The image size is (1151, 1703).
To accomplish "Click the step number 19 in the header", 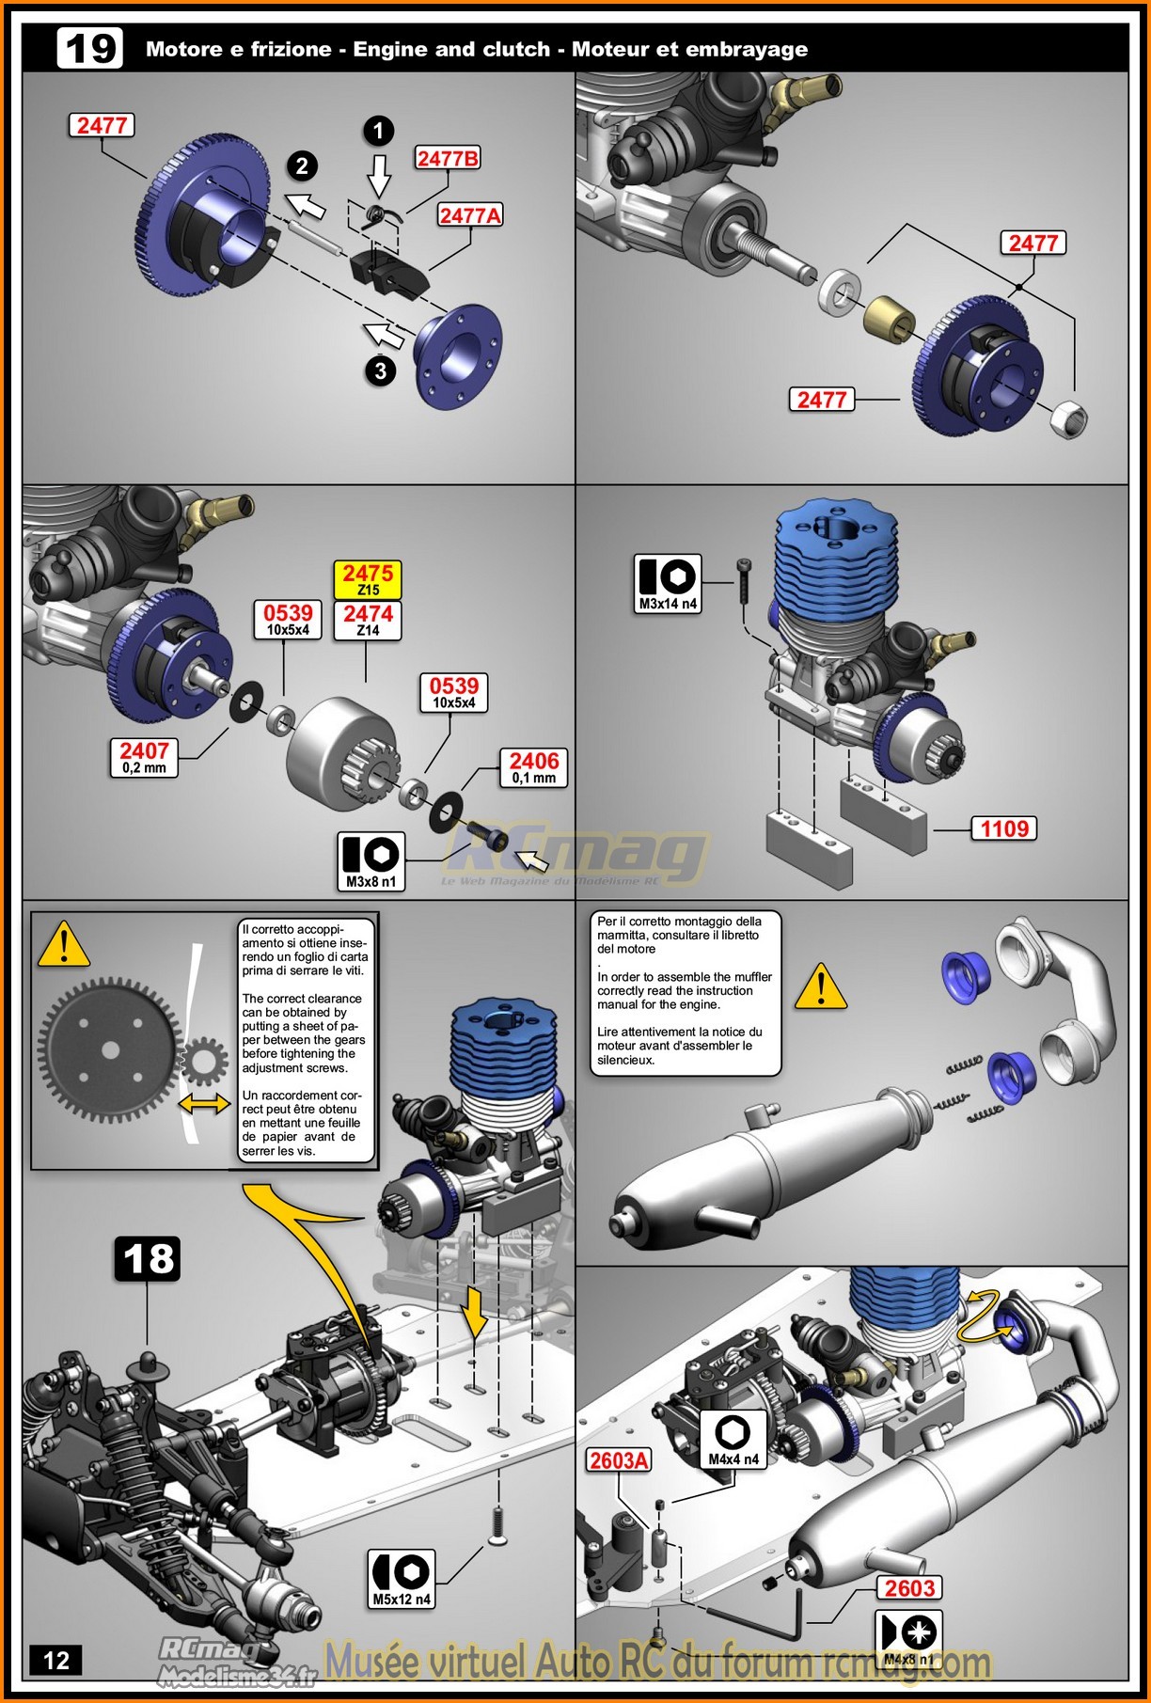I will (90, 48).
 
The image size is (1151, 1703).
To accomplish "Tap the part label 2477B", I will (448, 158).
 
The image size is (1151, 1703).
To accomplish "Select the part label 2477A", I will (470, 215).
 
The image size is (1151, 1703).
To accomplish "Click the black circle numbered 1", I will (378, 131).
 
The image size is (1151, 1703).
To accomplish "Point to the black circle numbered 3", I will (380, 371).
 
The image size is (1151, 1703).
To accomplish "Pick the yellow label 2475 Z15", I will (368, 579).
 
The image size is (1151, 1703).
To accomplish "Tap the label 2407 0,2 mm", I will (144, 757).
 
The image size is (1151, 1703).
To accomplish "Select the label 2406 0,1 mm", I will (533, 767).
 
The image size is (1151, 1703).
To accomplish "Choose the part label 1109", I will (1004, 828).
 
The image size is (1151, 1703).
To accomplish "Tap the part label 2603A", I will (619, 1459).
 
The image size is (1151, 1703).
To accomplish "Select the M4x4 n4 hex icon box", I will (733, 1439).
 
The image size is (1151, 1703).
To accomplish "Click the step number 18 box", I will (148, 1258).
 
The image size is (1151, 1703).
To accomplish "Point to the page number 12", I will (56, 1660).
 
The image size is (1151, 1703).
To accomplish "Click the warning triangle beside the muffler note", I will (821, 987).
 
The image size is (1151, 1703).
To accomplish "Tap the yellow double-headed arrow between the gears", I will (205, 1102).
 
